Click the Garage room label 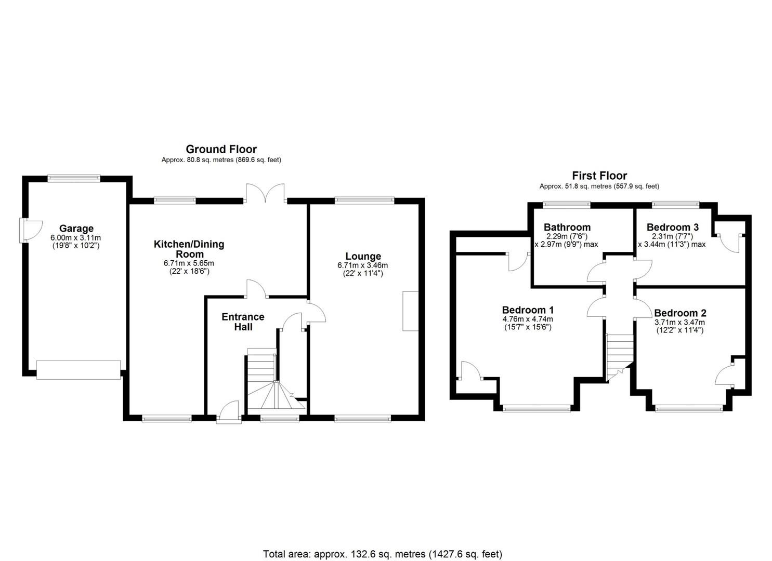(x=76, y=229)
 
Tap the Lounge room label (x=363, y=256)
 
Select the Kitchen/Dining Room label (x=189, y=249)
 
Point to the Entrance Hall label (x=243, y=322)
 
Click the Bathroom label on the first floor (x=567, y=227)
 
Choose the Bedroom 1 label (x=527, y=310)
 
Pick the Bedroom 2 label (x=680, y=313)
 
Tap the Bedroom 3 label (x=672, y=227)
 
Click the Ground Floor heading (x=221, y=150)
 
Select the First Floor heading (x=599, y=176)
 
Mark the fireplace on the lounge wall (x=410, y=311)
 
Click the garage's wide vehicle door (x=78, y=369)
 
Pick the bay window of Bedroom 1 (x=537, y=408)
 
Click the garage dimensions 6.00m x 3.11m (x=75, y=237)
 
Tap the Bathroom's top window (x=567, y=204)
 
